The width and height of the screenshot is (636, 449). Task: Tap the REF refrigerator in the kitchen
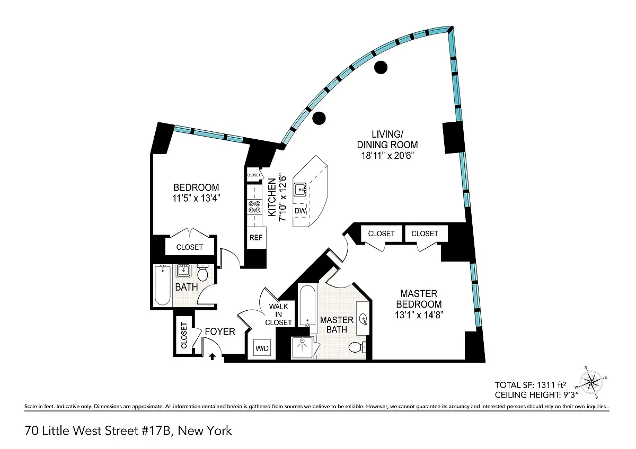point(256,238)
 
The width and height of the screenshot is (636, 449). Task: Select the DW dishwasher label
point(301,211)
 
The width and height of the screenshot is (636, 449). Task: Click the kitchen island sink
point(301,189)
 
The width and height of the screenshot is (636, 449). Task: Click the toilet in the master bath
point(356,347)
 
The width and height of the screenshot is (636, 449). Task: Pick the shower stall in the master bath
point(303,348)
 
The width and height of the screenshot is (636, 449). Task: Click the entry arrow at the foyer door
point(212,357)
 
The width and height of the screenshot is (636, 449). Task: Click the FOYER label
point(220,331)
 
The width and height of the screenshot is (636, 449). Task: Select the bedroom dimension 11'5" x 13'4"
point(196,199)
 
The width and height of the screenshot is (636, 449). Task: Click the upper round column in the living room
point(381,67)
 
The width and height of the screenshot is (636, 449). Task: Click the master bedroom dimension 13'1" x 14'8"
point(419,315)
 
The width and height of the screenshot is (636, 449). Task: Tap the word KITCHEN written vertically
point(272,197)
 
